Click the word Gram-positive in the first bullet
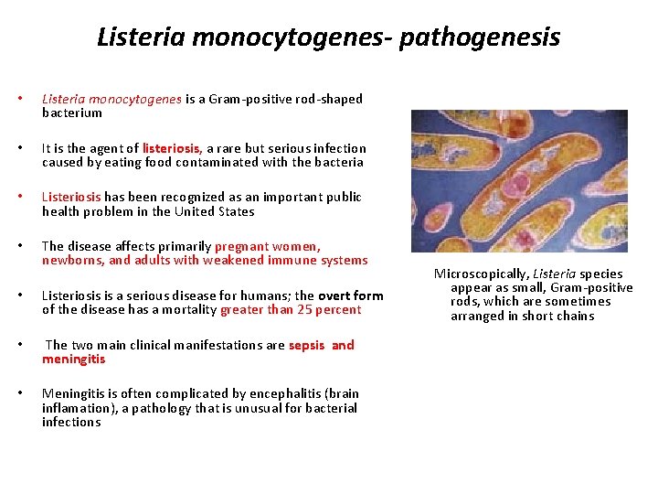click(x=247, y=99)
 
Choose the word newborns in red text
click(x=71, y=261)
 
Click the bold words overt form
click(x=351, y=295)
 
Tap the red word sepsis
click(x=306, y=345)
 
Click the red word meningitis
click(x=73, y=360)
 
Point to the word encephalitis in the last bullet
click(x=283, y=394)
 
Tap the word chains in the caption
click(x=575, y=317)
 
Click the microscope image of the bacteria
click(x=519, y=181)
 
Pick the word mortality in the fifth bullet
click(x=189, y=310)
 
